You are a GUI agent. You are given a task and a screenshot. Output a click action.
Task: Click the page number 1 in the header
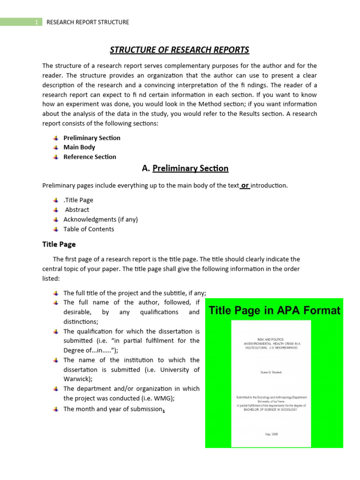(x=36, y=22)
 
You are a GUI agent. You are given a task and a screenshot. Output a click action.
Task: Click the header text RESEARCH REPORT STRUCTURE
(x=88, y=22)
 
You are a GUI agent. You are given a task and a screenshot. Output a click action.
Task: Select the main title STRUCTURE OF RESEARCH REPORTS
(x=180, y=50)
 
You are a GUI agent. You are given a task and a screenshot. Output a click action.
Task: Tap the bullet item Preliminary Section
(x=92, y=138)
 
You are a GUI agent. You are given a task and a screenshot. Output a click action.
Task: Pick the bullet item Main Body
(x=79, y=147)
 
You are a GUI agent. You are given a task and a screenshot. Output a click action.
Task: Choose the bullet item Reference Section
(x=90, y=157)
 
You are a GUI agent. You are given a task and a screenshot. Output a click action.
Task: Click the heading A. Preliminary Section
(x=185, y=168)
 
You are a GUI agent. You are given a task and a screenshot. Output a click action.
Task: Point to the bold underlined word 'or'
(x=245, y=185)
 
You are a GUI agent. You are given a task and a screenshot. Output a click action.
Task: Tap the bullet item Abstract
(x=77, y=210)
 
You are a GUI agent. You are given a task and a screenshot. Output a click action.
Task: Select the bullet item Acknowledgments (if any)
(x=100, y=219)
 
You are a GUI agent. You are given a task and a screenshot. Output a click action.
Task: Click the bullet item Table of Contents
(x=89, y=229)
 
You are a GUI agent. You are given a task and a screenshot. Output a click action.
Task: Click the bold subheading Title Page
(x=59, y=244)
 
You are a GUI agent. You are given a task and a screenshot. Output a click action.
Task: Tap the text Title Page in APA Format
(x=274, y=310)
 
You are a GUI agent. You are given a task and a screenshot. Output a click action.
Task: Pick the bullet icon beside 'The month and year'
(x=55, y=409)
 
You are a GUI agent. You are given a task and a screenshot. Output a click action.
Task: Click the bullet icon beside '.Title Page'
(x=55, y=200)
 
